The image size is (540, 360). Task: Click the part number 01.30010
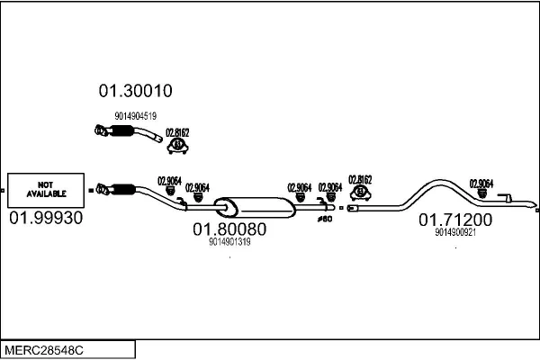(135, 91)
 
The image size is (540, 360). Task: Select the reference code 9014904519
(136, 115)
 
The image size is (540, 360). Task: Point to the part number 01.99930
(45, 218)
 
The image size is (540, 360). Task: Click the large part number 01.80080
(229, 229)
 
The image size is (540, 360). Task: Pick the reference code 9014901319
(229, 241)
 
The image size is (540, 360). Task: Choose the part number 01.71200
(454, 220)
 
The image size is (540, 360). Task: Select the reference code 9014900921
(454, 232)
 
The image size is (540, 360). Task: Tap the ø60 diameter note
(325, 219)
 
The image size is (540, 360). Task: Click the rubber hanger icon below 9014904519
(178, 143)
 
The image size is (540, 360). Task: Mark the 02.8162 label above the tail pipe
(360, 178)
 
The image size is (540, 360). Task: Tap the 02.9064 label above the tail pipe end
(481, 183)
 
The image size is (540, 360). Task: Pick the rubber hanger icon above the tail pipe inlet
(361, 191)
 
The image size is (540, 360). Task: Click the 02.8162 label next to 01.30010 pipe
(177, 131)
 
